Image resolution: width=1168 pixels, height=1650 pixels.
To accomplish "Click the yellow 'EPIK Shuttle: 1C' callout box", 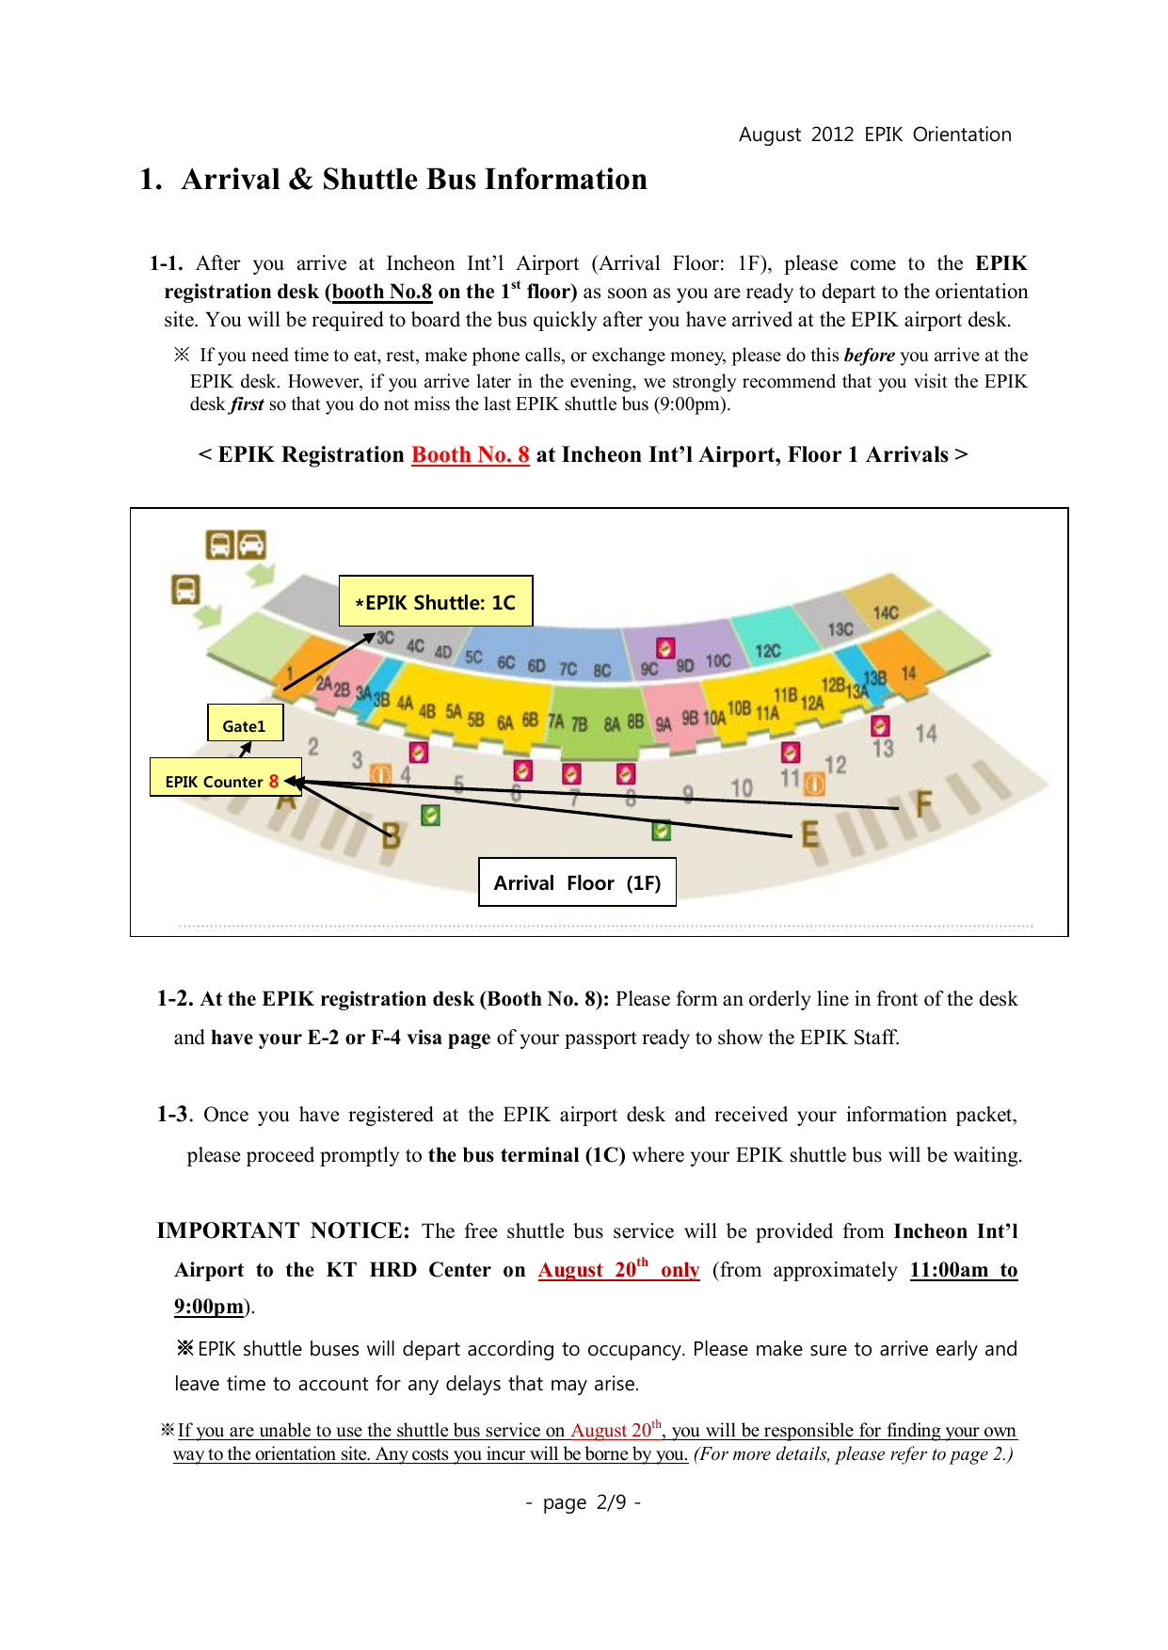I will coord(436,601).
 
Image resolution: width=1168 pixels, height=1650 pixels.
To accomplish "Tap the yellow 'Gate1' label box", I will coord(245,724).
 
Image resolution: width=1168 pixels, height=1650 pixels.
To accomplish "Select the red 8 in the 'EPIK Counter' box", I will coord(274,781).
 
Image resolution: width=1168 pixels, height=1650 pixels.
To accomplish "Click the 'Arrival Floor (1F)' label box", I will coord(577,882).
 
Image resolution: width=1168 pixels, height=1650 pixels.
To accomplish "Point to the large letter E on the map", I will coord(809,833).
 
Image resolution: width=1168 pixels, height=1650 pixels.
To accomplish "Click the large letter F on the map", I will coord(924,803).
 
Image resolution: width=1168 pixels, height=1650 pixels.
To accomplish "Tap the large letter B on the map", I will coord(392,834).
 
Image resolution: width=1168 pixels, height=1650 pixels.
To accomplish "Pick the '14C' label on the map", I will coord(886,613).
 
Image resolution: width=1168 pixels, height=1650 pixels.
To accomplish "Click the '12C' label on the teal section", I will coord(768,651).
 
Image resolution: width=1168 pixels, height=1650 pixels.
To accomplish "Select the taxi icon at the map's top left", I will coord(251,545).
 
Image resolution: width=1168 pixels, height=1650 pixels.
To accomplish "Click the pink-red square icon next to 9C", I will coord(665,648).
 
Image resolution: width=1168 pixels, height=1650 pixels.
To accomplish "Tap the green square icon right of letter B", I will coord(430,815).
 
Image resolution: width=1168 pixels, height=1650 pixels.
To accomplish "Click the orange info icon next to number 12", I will coord(814,784).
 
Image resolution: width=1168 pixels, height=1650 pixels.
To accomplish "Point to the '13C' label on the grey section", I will coord(840,628).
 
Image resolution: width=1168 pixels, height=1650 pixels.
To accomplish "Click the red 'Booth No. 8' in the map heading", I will coord(471,455).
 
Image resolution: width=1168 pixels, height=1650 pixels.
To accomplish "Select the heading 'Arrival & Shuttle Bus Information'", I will coord(414,180).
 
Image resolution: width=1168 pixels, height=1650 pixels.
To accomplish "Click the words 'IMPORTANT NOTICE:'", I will coord(283,1230).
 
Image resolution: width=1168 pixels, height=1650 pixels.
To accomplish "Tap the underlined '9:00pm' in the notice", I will coord(209,1306).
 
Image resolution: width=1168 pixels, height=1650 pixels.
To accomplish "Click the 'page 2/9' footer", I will coord(584,1502).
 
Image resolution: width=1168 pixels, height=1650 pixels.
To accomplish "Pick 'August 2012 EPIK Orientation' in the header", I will coord(874,135).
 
